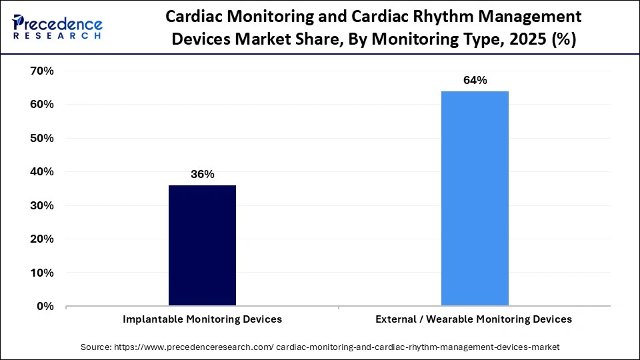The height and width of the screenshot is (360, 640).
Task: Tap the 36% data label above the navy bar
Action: tap(202, 175)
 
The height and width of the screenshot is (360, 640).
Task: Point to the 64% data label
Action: tap(475, 81)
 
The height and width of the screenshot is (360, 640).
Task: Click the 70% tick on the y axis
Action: tap(41, 71)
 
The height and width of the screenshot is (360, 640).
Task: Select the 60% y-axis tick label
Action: tap(41, 105)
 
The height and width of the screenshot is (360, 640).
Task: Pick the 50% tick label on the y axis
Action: tap(41, 138)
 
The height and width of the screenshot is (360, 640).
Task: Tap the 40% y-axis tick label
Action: tap(41, 172)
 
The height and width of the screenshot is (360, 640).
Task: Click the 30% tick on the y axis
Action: tap(41, 205)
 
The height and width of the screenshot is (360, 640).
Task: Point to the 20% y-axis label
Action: tap(41, 239)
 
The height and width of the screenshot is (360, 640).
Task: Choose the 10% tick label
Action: tap(41, 273)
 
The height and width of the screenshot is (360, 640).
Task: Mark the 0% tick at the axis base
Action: tap(45, 307)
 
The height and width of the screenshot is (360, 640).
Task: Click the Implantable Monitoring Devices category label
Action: tap(202, 319)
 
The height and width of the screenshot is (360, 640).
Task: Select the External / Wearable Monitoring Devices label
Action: tap(474, 319)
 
